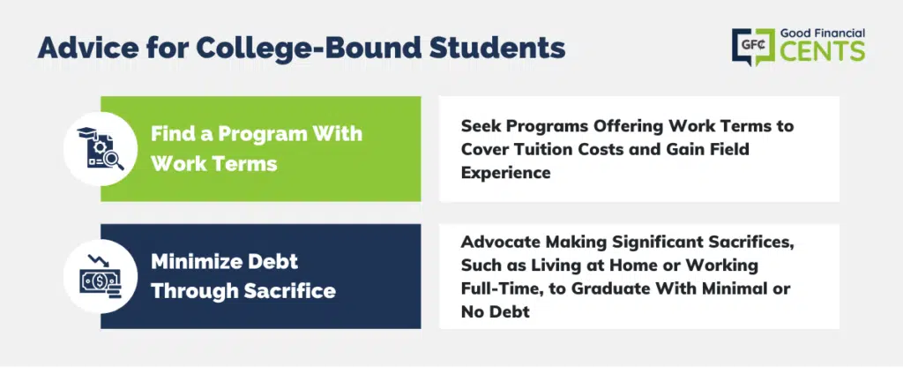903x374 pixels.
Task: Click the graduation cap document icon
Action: click(101, 149)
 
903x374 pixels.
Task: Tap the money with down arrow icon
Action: click(101, 277)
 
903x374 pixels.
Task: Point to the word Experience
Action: click(505, 173)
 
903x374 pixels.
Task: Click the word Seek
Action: click(479, 126)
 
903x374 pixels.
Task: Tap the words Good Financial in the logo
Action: click(823, 34)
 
